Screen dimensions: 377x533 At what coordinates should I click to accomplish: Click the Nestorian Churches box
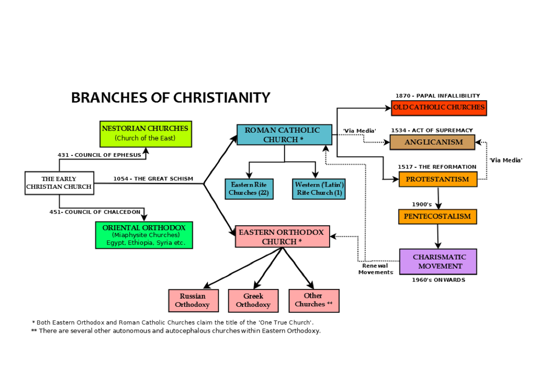coord(145,134)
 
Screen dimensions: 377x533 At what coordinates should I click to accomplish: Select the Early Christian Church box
coord(59,183)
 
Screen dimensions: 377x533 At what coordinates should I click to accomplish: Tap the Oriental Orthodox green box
coord(144,235)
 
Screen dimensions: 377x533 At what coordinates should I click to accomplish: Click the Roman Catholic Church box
coord(284,135)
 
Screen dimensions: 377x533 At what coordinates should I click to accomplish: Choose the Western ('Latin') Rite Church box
coord(319,189)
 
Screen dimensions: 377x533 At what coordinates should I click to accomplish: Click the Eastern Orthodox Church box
coord(282,237)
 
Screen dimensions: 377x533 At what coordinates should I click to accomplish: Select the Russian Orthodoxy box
coord(192,301)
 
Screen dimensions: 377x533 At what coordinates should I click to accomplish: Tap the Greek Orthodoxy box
coord(253,301)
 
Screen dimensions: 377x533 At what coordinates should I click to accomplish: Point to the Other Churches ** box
coord(314,301)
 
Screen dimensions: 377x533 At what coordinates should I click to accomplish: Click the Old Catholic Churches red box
coord(438,107)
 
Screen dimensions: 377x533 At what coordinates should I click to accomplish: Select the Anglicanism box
coord(434,142)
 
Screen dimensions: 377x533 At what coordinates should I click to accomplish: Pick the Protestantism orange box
coord(438,179)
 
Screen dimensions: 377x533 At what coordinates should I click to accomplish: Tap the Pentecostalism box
coord(438,217)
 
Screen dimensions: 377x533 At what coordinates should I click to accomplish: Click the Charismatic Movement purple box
coord(438,262)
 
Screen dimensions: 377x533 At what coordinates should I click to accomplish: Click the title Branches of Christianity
coord(171,98)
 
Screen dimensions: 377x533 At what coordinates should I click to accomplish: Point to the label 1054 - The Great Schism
coord(153,179)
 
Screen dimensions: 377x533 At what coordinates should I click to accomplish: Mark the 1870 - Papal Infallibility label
coord(438,96)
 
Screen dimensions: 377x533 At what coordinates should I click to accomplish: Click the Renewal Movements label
coord(376,269)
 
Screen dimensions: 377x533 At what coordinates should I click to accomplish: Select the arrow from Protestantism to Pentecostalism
coord(438,198)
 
